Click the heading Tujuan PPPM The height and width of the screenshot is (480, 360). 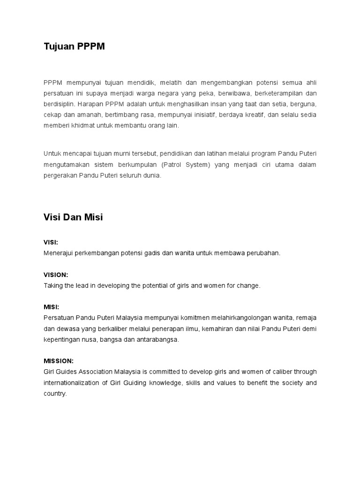(74, 46)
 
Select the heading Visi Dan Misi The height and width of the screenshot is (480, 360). (73, 217)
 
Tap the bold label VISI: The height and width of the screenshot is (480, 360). (51, 242)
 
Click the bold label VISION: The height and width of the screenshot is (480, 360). (56, 275)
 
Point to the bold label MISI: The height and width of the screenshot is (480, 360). (51, 307)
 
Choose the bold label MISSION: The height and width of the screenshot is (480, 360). (59, 361)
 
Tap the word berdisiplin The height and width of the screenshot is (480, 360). (60, 104)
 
